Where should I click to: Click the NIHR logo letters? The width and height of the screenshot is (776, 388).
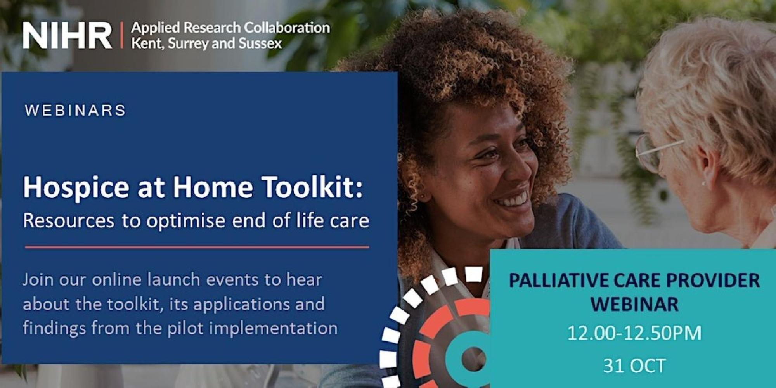pos(68,35)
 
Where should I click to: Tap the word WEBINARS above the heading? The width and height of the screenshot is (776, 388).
pos(75,111)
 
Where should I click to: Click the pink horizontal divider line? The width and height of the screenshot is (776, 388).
pos(197,247)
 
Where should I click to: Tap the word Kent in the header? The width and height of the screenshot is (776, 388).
pos(143,43)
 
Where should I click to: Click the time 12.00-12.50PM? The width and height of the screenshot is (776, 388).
pos(634,333)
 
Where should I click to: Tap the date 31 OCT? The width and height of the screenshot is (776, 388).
pos(634,366)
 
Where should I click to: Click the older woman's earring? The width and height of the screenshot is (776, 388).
pos(703,183)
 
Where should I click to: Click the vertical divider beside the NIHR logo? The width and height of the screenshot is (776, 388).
pos(122,35)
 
